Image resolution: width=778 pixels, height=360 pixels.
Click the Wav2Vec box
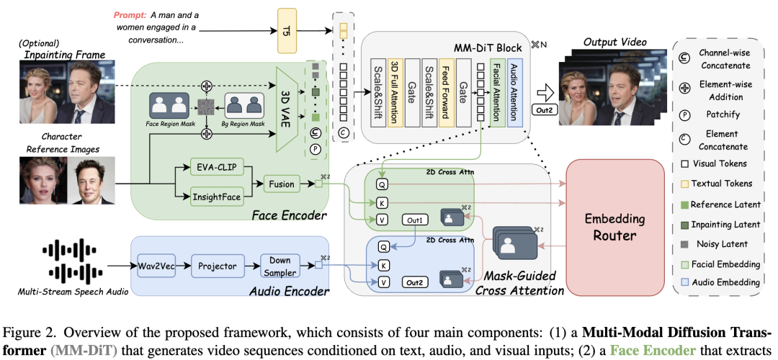click(x=157, y=266)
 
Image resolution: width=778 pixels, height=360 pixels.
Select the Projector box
click(x=218, y=266)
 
